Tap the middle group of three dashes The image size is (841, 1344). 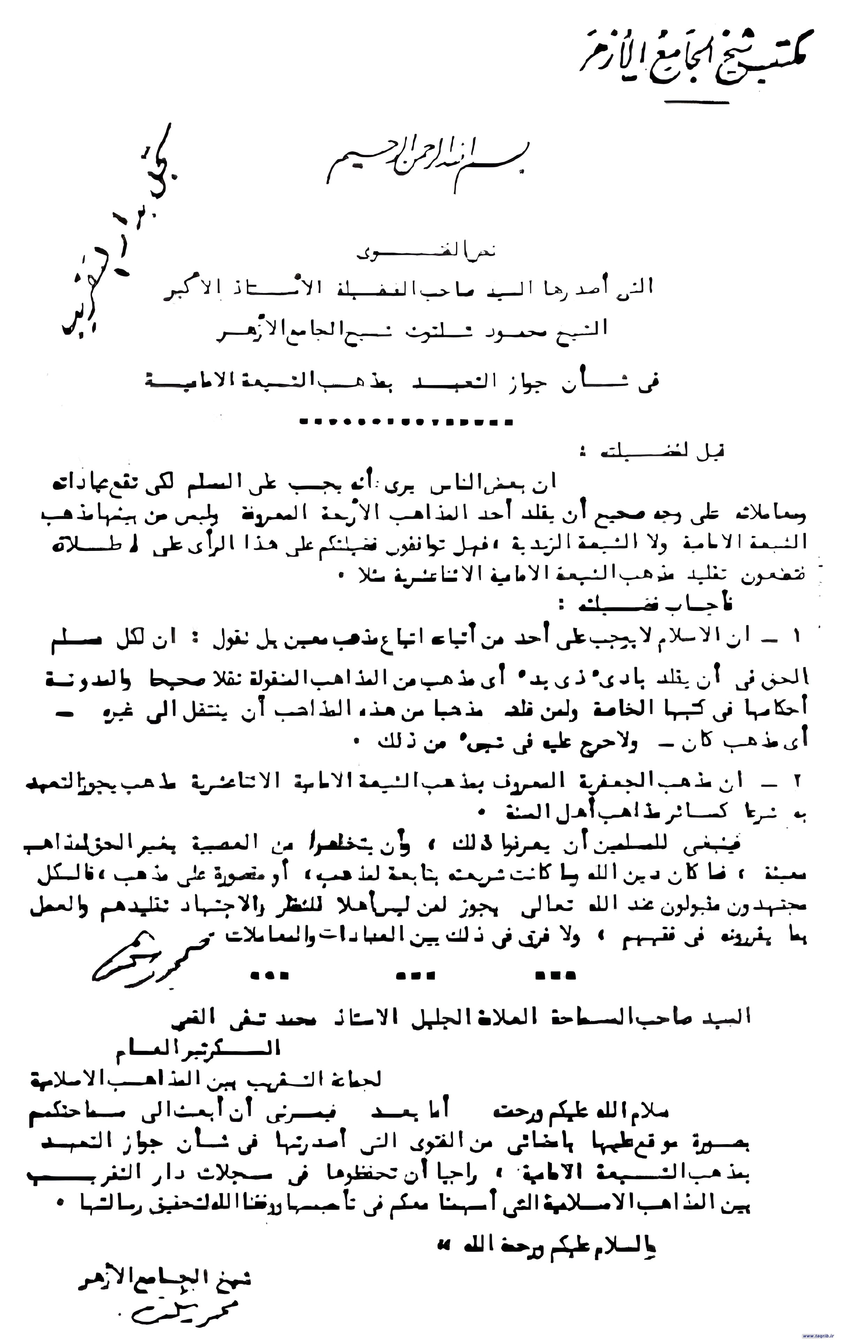point(414,975)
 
